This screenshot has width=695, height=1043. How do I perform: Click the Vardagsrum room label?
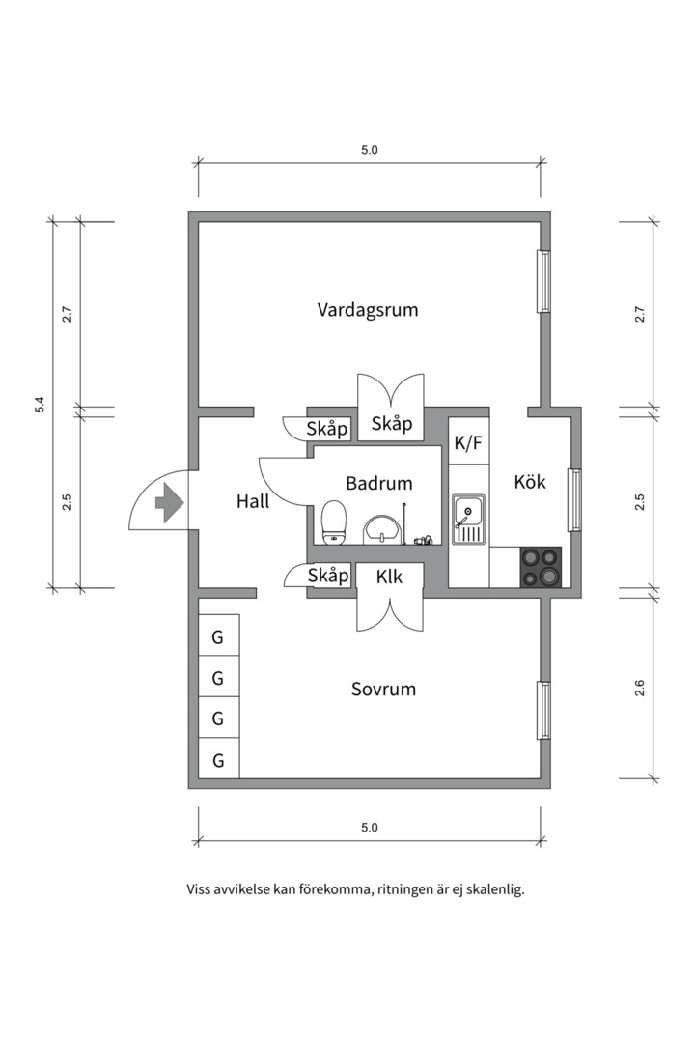(x=368, y=310)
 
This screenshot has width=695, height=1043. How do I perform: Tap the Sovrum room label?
(x=383, y=689)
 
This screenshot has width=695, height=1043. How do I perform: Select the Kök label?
(x=530, y=481)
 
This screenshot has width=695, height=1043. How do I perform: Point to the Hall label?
(x=253, y=501)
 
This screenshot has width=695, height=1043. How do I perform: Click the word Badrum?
(x=379, y=483)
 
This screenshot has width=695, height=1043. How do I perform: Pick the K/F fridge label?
(x=468, y=443)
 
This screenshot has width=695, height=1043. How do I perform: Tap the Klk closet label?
(x=390, y=577)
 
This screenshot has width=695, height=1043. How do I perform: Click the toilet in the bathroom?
(x=334, y=521)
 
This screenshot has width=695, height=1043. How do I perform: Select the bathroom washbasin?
(x=383, y=529)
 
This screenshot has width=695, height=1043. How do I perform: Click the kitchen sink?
(x=469, y=519)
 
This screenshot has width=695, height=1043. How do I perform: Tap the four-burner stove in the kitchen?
(x=541, y=567)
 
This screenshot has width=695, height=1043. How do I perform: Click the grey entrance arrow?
(x=170, y=502)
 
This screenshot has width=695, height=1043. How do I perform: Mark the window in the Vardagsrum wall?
(x=543, y=282)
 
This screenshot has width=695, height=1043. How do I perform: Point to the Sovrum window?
(x=543, y=710)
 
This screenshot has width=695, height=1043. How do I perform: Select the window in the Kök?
(x=574, y=499)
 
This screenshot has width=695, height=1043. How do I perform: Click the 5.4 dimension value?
(x=40, y=405)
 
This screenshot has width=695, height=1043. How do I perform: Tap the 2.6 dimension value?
(x=640, y=689)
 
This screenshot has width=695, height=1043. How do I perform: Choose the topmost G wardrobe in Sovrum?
(x=218, y=636)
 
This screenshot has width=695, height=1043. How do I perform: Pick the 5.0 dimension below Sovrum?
(x=370, y=828)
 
